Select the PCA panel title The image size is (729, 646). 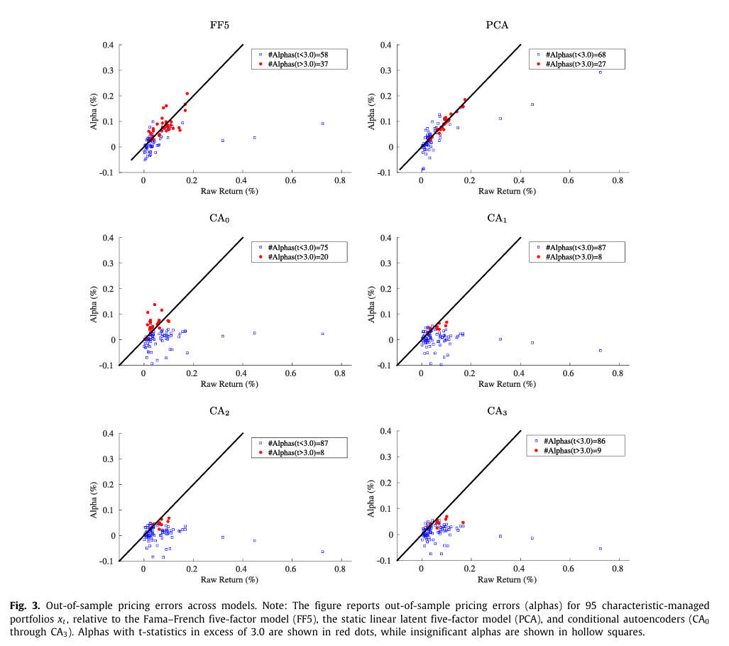[496, 26]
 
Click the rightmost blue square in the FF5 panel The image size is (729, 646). [322, 124]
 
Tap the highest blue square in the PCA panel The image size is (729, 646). [600, 72]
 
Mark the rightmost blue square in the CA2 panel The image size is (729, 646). [322, 552]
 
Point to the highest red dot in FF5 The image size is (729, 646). [187, 93]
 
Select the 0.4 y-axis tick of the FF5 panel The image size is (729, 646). [107, 45]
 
